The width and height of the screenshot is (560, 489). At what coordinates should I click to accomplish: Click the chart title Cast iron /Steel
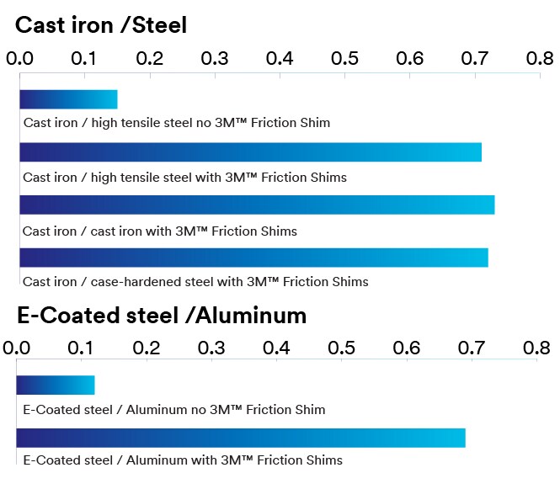tap(101, 25)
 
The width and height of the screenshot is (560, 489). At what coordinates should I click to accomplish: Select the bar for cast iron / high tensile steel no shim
tap(68, 99)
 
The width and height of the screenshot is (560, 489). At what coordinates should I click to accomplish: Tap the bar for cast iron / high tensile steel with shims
tap(250, 152)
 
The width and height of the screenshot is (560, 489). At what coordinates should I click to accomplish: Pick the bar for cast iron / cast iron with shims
tap(257, 205)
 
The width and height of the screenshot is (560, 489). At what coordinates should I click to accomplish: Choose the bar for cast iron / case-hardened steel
tap(253, 258)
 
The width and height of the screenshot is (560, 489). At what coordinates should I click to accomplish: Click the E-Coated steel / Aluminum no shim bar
tap(56, 385)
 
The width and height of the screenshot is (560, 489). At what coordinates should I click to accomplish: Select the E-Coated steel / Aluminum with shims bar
tap(241, 438)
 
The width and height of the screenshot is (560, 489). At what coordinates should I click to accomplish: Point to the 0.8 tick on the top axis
tap(540, 59)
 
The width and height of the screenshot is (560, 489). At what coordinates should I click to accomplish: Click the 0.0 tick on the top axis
tap(20, 59)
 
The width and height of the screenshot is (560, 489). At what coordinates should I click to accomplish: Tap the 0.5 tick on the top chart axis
tap(345, 59)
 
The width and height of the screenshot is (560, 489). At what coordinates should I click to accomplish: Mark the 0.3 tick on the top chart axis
tap(216, 59)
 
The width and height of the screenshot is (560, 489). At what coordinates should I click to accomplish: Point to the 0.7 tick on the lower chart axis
tap(472, 348)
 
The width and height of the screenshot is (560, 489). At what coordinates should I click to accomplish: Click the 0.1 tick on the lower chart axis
tap(82, 348)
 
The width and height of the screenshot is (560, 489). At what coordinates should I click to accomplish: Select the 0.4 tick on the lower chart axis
tap(276, 348)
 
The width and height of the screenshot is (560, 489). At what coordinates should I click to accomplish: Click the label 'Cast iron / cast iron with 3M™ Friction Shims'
tap(160, 231)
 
